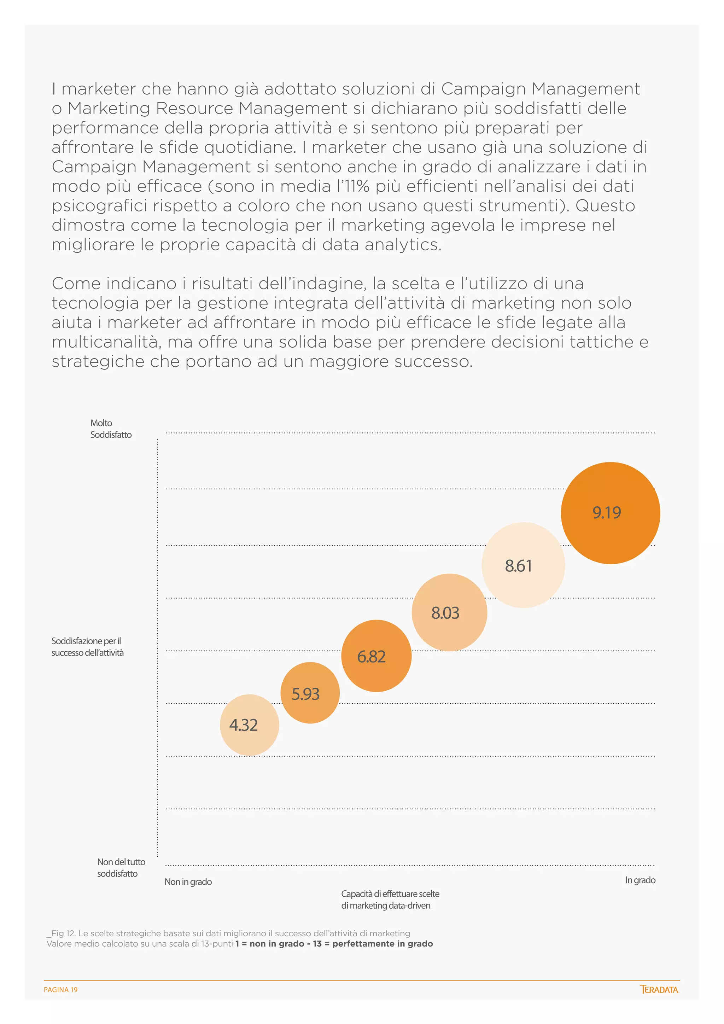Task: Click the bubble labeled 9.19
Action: click(x=610, y=513)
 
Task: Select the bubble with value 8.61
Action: click(x=522, y=565)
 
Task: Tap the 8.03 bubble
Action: click(x=449, y=612)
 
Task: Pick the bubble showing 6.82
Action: click(x=376, y=656)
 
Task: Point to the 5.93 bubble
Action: click(x=310, y=693)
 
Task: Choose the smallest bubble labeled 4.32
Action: click(x=249, y=725)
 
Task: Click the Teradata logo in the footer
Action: click(x=659, y=989)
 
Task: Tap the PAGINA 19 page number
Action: click(x=61, y=990)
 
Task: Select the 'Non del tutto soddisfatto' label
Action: click(x=121, y=867)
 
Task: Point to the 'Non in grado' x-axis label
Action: click(x=188, y=882)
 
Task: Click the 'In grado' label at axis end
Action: click(x=640, y=880)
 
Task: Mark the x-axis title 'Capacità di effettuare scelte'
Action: click(x=390, y=894)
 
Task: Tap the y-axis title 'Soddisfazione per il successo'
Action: click(x=87, y=647)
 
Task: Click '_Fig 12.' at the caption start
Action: click(x=61, y=933)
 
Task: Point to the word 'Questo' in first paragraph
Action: click(x=605, y=205)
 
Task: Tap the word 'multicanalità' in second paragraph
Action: click(x=105, y=342)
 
